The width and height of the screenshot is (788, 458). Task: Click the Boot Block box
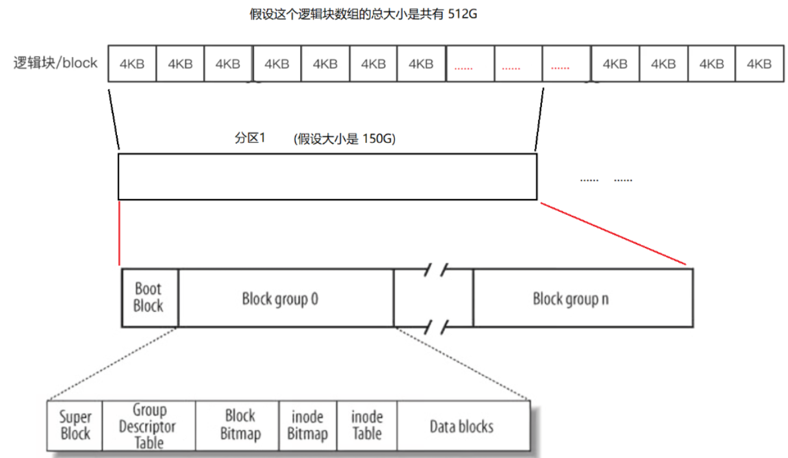[x=149, y=298]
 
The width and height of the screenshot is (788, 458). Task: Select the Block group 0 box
[x=286, y=298]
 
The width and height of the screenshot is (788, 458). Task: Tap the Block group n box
[x=582, y=298]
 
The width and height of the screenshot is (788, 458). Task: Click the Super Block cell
[x=75, y=426]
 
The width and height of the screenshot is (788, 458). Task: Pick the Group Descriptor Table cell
[x=149, y=426]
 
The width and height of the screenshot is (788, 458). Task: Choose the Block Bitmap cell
[x=239, y=426]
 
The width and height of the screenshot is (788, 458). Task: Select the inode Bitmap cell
[x=307, y=426]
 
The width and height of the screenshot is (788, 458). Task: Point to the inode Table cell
[x=366, y=426]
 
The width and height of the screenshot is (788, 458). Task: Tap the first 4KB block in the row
[x=132, y=64]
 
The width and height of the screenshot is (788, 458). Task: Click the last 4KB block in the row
[x=759, y=64]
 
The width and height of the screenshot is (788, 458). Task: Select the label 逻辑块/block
[x=56, y=63]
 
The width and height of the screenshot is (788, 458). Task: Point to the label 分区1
[x=250, y=139]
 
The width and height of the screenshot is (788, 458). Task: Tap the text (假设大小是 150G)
[x=344, y=139]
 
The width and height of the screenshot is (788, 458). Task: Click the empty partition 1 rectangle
[x=327, y=176]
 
